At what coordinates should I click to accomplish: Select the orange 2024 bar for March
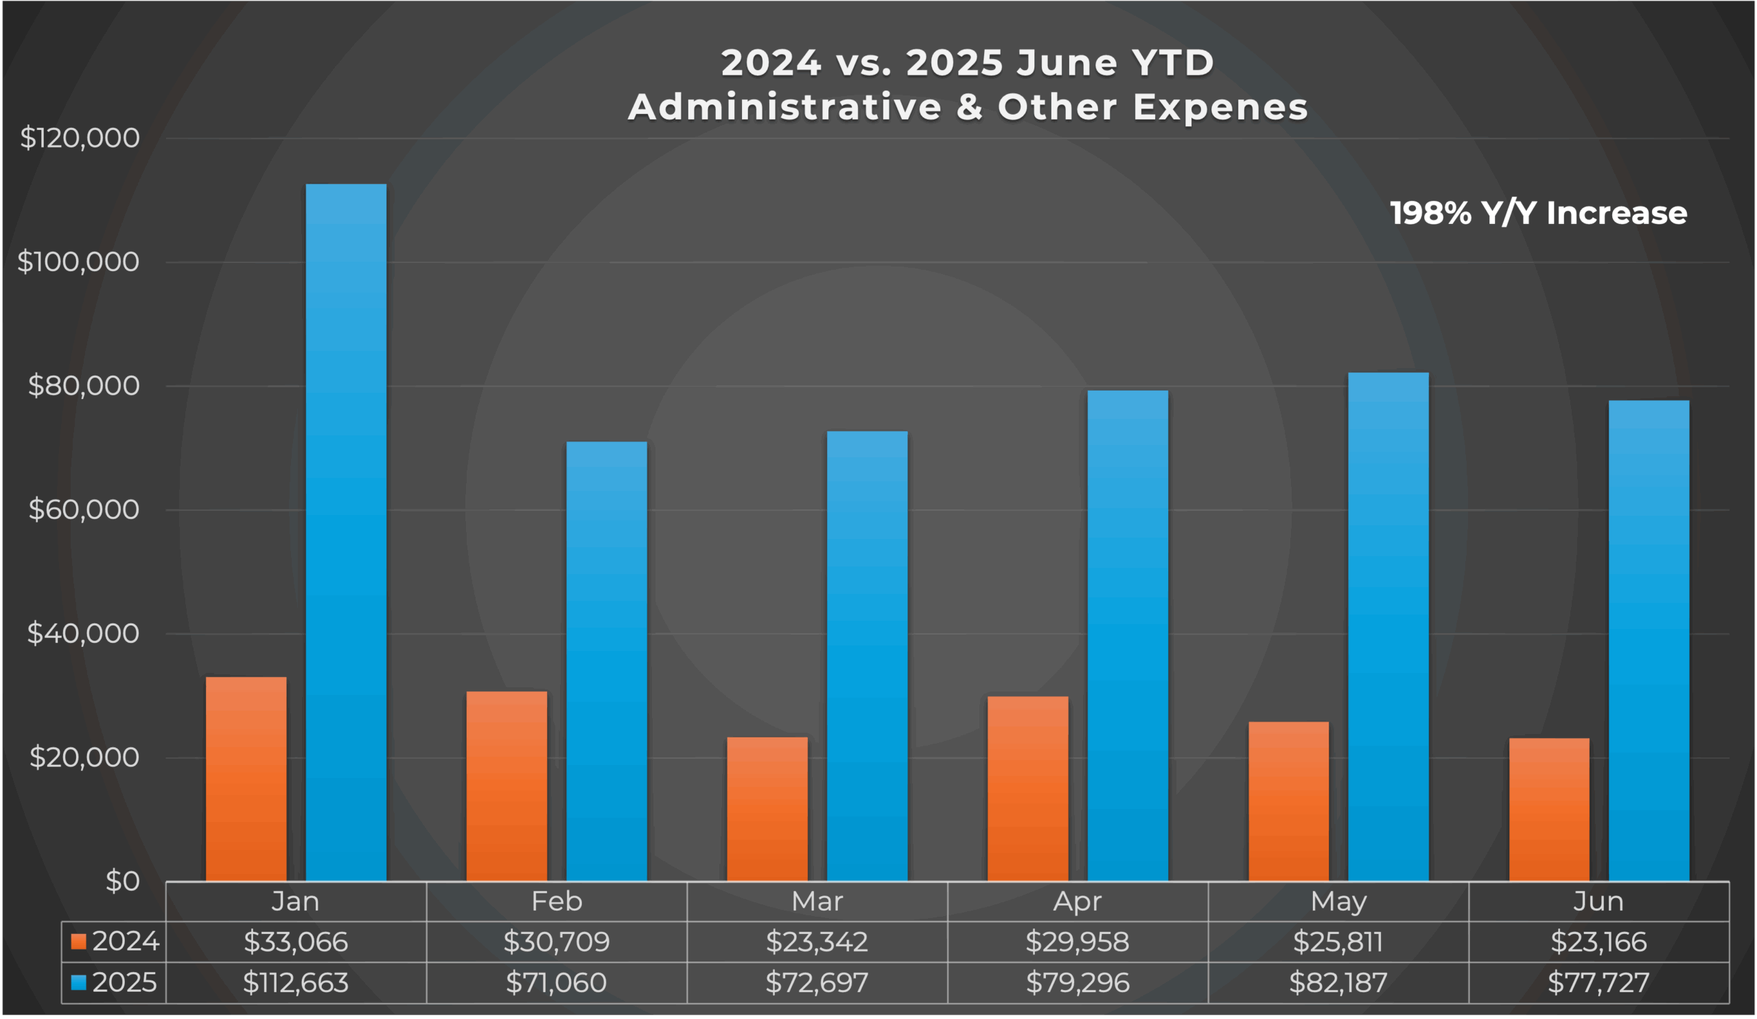click(x=767, y=809)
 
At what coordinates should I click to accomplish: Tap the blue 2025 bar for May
click(x=1388, y=628)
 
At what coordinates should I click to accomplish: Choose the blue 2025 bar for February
click(x=607, y=663)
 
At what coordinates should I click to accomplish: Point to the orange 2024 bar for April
click(x=1027, y=788)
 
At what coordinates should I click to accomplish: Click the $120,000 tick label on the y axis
click(x=80, y=138)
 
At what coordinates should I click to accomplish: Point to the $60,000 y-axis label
click(x=83, y=510)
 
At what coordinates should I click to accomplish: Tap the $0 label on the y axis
click(x=122, y=882)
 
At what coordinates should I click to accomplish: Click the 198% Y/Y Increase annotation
click(x=1538, y=214)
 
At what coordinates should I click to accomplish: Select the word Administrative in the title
click(x=784, y=107)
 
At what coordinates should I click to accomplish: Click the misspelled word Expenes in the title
click(x=1220, y=107)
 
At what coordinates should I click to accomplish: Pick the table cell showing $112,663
click(x=296, y=983)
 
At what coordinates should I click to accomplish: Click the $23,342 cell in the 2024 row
click(x=817, y=942)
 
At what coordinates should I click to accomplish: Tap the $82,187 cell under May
click(x=1338, y=983)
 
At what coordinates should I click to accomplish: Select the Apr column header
click(x=1078, y=902)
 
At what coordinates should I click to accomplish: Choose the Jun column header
click(x=1598, y=902)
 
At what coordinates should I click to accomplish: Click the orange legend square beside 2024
click(x=79, y=942)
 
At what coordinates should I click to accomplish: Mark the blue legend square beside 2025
click(x=79, y=983)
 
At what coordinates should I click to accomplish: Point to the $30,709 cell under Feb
click(x=557, y=942)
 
